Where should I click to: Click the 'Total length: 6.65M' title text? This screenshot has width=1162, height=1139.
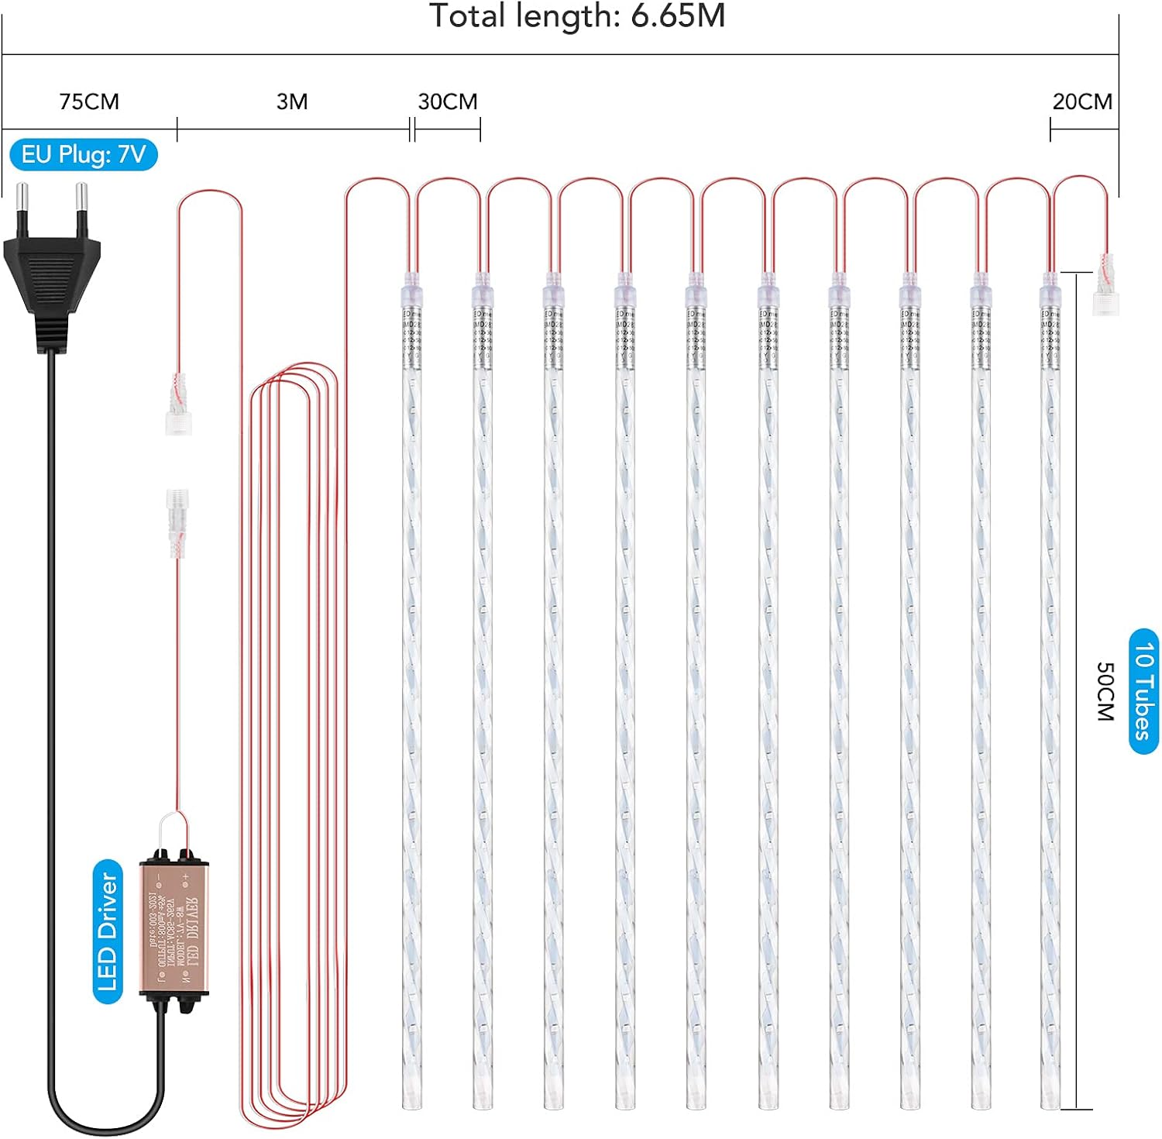tap(577, 16)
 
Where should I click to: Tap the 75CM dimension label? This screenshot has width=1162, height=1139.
tap(89, 102)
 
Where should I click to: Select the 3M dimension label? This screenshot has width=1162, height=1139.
tap(292, 102)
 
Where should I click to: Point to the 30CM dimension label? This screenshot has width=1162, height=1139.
tap(448, 102)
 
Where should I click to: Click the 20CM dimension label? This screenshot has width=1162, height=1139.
tap(1082, 102)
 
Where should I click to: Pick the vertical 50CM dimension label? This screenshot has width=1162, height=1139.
tap(1105, 691)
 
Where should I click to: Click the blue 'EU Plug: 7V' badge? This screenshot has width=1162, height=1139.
tap(84, 155)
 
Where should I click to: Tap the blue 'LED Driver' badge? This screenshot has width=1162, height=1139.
tap(108, 931)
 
